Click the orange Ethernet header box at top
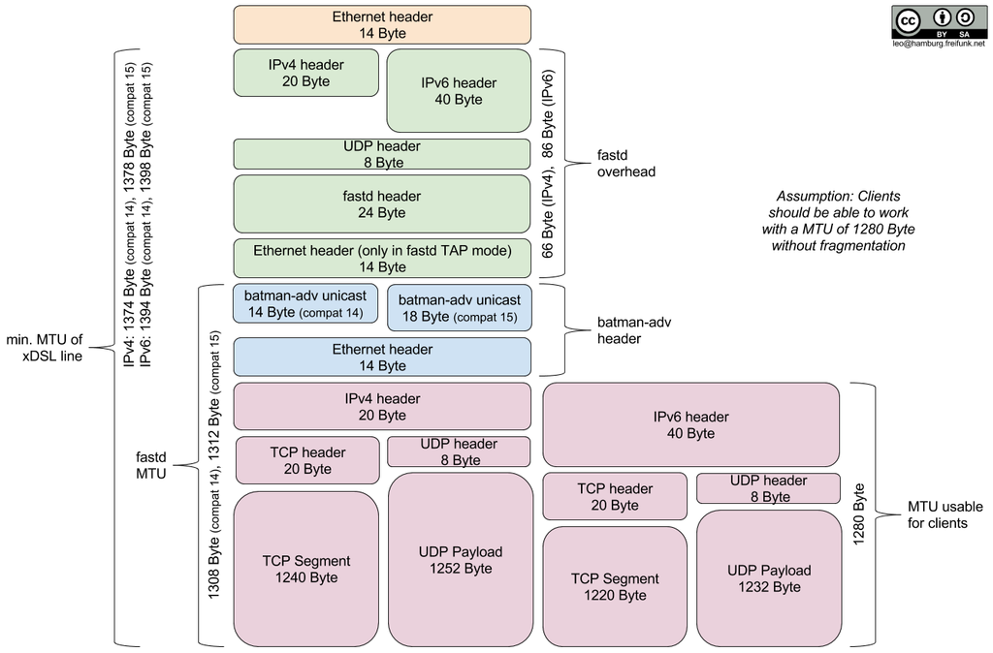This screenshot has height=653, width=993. (x=382, y=24)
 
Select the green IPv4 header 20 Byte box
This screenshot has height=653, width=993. (x=305, y=73)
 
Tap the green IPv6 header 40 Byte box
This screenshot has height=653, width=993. (x=458, y=90)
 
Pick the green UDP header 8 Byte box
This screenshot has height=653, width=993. (x=382, y=154)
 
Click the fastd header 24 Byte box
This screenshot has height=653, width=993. (x=382, y=203)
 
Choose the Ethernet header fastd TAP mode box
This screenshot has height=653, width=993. (x=382, y=258)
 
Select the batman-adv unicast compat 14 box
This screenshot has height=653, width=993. (x=305, y=303)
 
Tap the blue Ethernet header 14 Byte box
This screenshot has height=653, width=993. (x=382, y=357)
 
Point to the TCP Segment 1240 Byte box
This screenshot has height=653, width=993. (x=305, y=569)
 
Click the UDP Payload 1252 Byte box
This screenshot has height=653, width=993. (x=460, y=560)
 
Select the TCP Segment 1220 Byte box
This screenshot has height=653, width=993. (x=614, y=586)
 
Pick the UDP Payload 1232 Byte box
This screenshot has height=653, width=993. (x=768, y=578)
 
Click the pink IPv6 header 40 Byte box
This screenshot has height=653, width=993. (x=690, y=424)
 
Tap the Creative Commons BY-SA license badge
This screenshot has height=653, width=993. (x=938, y=21)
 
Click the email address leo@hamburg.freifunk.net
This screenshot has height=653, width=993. (x=938, y=44)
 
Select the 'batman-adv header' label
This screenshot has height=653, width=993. (x=634, y=329)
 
